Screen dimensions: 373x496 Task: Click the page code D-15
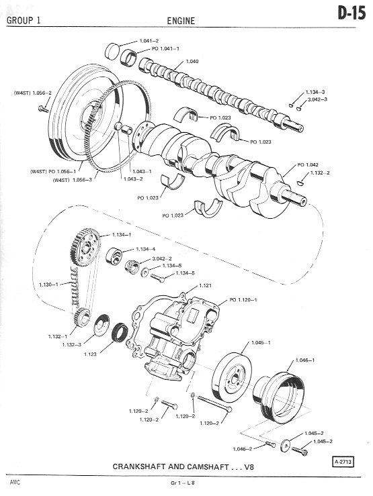click(x=351, y=13)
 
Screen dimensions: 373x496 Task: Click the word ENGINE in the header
click(x=181, y=21)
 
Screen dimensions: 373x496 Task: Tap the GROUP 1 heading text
click(x=24, y=21)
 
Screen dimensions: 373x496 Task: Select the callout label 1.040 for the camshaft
click(x=192, y=61)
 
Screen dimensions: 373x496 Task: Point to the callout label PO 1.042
click(x=308, y=165)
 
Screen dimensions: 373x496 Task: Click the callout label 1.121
click(x=205, y=286)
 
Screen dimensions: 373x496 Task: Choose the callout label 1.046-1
click(x=305, y=360)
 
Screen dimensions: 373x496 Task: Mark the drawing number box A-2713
click(x=343, y=462)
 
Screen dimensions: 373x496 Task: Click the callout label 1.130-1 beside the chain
click(x=48, y=285)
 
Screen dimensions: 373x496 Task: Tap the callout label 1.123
click(x=90, y=354)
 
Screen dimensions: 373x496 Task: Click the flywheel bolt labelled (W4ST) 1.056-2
click(x=43, y=109)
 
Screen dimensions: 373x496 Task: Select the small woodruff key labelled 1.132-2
click(x=300, y=183)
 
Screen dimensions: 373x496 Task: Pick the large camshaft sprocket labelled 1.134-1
click(x=85, y=248)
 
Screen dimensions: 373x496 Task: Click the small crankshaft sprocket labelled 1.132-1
click(x=82, y=317)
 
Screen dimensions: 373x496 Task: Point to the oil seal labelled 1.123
click(x=120, y=332)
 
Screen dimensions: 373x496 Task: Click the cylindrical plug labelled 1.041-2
click(x=112, y=52)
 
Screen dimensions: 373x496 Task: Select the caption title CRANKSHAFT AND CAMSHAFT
click(x=171, y=466)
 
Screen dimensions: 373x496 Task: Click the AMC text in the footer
click(x=15, y=483)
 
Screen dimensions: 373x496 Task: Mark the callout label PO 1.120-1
click(x=243, y=300)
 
